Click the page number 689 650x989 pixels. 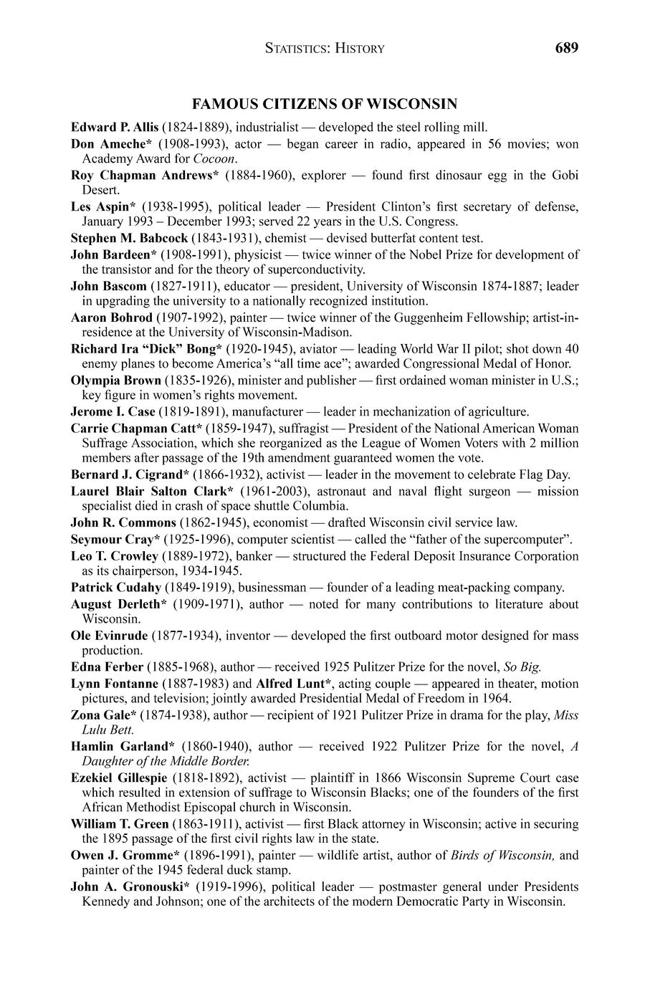(x=565, y=48)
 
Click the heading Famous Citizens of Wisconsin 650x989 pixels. (x=325, y=105)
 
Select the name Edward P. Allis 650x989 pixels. (x=115, y=128)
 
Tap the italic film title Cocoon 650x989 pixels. (x=215, y=158)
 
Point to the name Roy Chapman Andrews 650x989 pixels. (x=143, y=175)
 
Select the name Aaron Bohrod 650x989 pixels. (x=112, y=317)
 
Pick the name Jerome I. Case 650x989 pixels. (x=108, y=411)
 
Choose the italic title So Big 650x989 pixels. (x=527, y=666)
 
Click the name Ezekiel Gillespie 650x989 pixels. (x=119, y=778)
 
